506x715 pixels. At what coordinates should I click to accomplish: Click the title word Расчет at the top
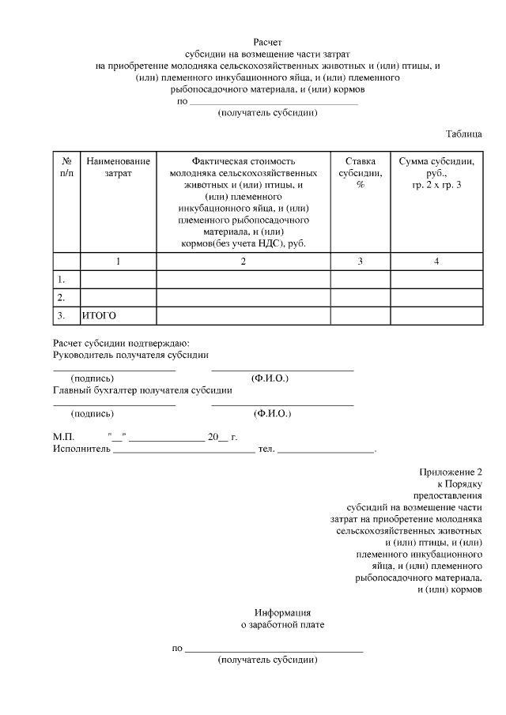tap(267, 40)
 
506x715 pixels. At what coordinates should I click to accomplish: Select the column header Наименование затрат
tap(118, 167)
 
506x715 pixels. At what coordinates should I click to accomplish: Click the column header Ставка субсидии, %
tap(360, 172)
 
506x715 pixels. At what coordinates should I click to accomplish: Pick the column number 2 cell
tap(244, 262)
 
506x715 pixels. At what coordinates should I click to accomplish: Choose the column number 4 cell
tap(436, 262)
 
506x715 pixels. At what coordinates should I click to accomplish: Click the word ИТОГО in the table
tap(100, 315)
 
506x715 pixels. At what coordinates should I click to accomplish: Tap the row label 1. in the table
tap(60, 280)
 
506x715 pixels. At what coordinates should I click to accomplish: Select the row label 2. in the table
tap(60, 298)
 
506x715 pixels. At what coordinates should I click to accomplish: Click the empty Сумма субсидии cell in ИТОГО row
tap(436, 315)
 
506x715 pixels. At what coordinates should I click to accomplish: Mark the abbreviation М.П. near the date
tap(63, 437)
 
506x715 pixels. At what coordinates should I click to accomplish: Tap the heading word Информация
tap(282, 613)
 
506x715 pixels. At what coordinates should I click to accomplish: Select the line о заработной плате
tap(282, 625)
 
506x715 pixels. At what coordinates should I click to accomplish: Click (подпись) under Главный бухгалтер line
tap(93, 413)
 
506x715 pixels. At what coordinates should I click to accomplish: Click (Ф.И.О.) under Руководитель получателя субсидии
tap(270, 378)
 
